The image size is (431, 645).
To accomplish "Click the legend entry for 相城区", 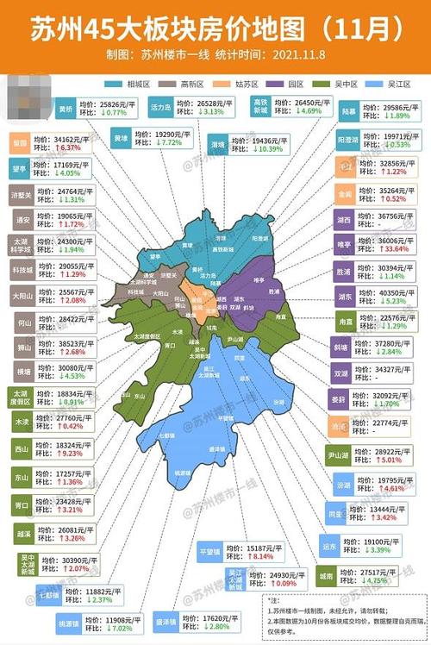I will click(137, 84).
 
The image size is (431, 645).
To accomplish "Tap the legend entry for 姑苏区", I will click(245, 84).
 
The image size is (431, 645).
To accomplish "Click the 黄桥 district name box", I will click(66, 109).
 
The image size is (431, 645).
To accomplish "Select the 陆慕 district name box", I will click(348, 110).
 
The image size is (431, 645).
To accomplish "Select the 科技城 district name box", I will click(22, 270).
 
